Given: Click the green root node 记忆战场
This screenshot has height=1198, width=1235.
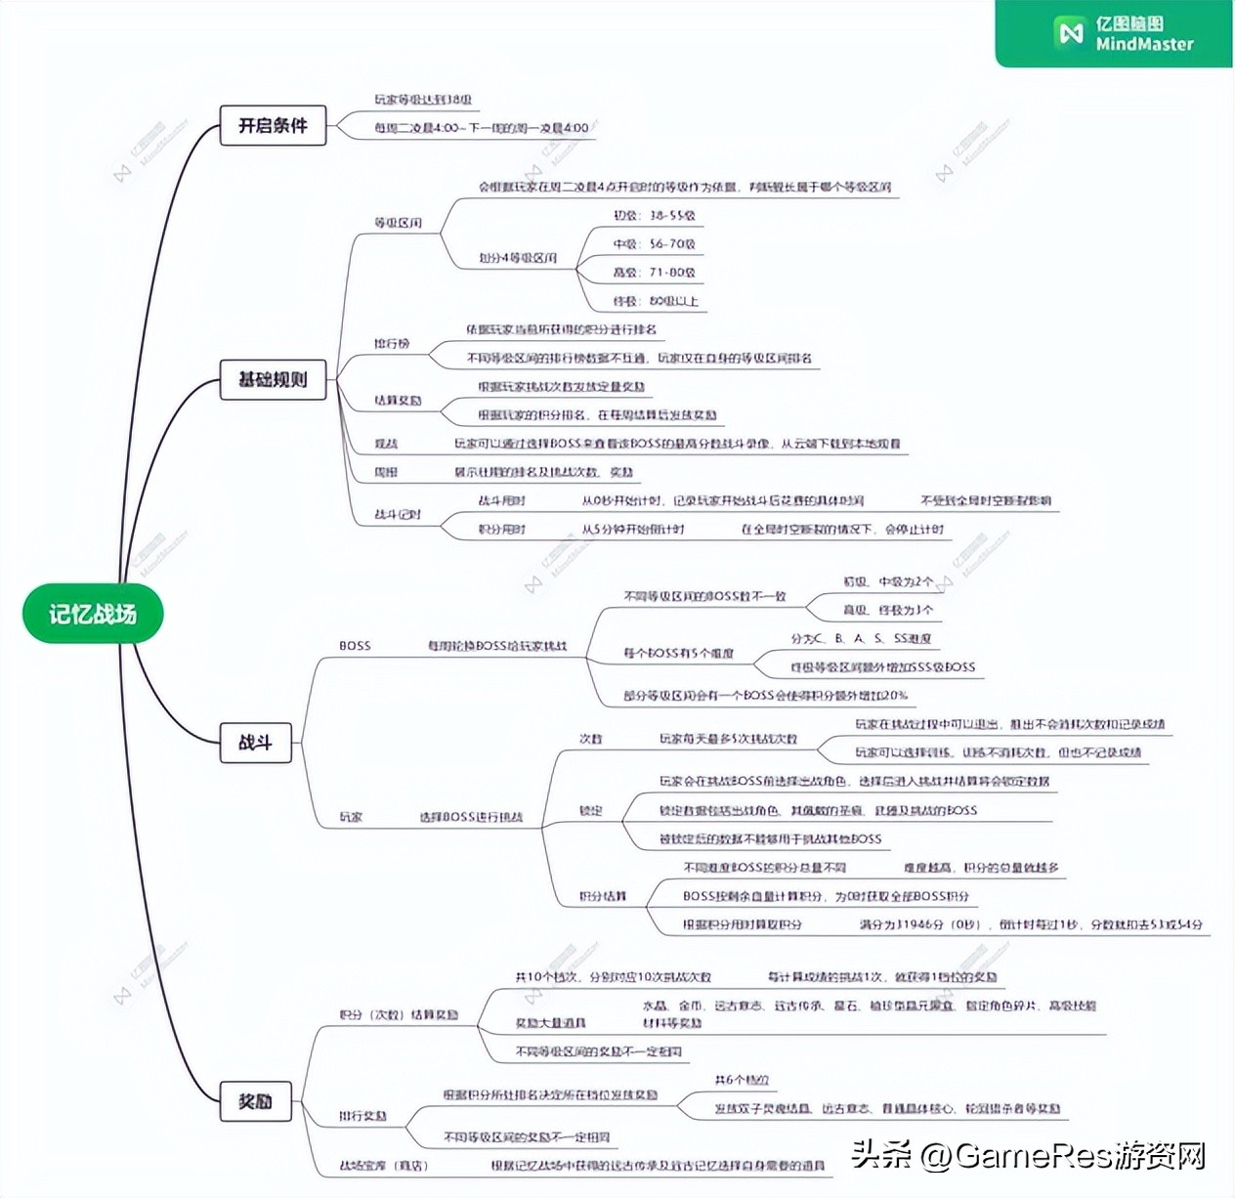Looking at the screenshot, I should [x=93, y=614].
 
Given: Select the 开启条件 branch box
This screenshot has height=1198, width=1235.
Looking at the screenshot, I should [x=273, y=126].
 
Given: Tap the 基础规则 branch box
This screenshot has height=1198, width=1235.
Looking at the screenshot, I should [x=273, y=379].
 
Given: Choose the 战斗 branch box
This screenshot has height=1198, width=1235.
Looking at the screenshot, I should [x=255, y=743].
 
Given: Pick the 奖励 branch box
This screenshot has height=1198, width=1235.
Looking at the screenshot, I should [x=255, y=1101].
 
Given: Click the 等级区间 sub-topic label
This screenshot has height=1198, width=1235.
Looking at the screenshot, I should [x=398, y=223].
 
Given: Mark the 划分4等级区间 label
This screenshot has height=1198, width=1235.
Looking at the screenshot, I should [x=518, y=258].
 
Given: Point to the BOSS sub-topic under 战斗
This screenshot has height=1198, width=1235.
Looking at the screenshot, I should [x=355, y=646].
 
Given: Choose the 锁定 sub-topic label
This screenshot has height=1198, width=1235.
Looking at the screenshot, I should [x=590, y=810].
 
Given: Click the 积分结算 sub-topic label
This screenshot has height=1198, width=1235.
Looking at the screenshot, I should [x=602, y=896].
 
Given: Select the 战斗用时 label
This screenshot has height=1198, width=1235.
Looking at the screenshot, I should [x=501, y=500].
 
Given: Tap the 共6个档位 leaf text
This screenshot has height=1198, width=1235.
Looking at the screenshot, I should [x=742, y=1080].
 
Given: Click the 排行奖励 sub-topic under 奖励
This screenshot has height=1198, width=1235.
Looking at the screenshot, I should [x=362, y=1116].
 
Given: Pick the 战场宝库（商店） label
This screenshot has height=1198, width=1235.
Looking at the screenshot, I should [x=383, y=1165].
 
